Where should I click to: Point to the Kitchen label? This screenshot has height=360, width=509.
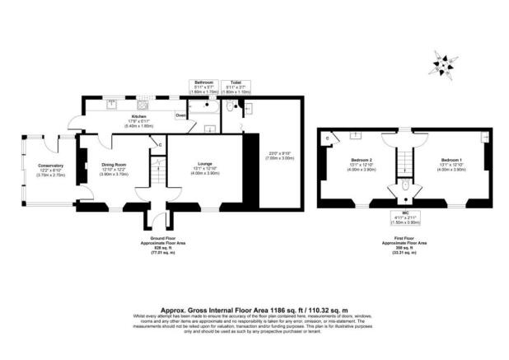(138, 117)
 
